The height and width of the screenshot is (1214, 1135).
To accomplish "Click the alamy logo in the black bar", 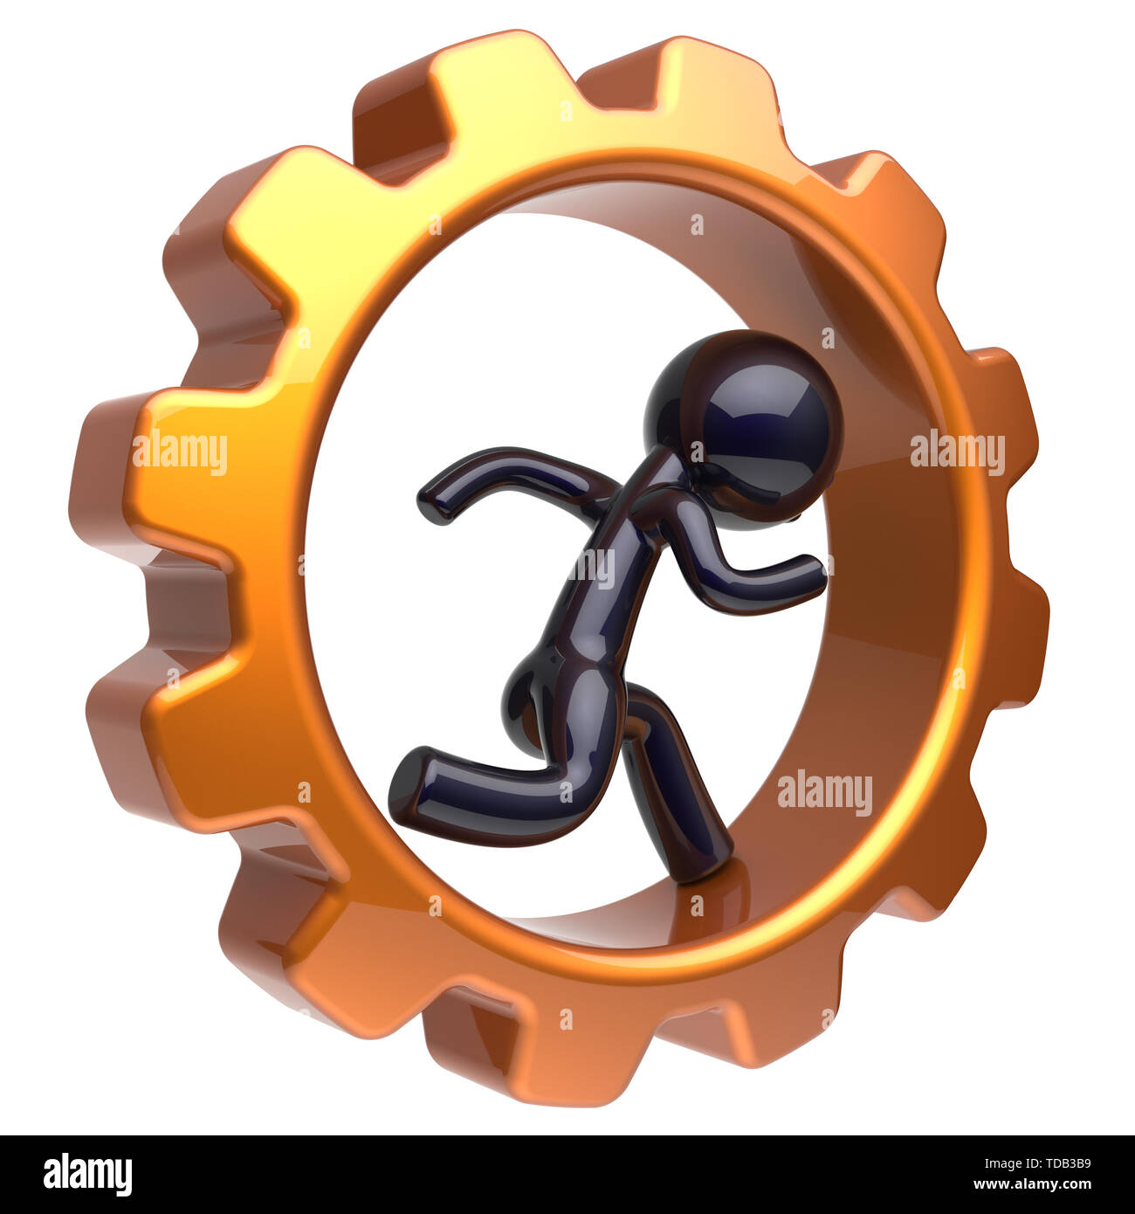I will click(88, 1174).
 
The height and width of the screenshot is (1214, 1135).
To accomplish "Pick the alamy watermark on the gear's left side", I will click(179, 452).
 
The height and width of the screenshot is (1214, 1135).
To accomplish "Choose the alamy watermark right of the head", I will click(957, 452).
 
